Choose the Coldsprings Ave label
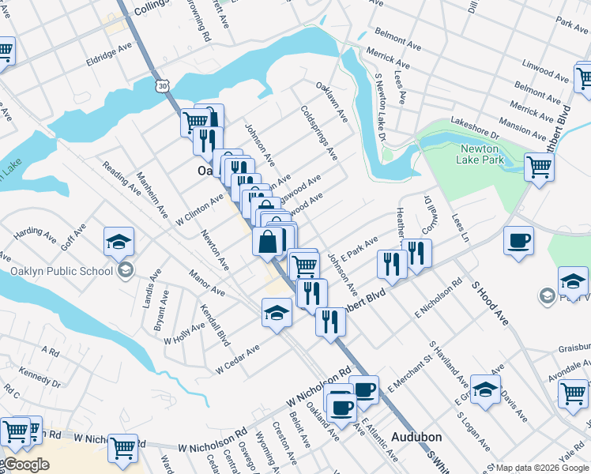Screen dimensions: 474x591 pos(318,132)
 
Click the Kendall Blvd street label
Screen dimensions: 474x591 pos(214,325)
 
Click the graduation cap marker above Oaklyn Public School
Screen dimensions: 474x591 pos(119,240)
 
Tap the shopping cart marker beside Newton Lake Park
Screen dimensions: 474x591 pos(539,167)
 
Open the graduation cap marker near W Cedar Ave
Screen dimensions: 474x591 pos(277,313)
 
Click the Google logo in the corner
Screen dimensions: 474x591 pos(25,465)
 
